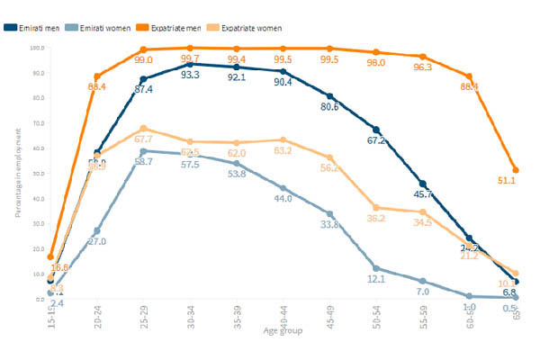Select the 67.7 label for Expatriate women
pos(144,139)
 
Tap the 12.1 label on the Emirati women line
pos(376,279)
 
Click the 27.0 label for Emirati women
pos(97,242)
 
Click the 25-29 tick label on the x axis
pos(144,316)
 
